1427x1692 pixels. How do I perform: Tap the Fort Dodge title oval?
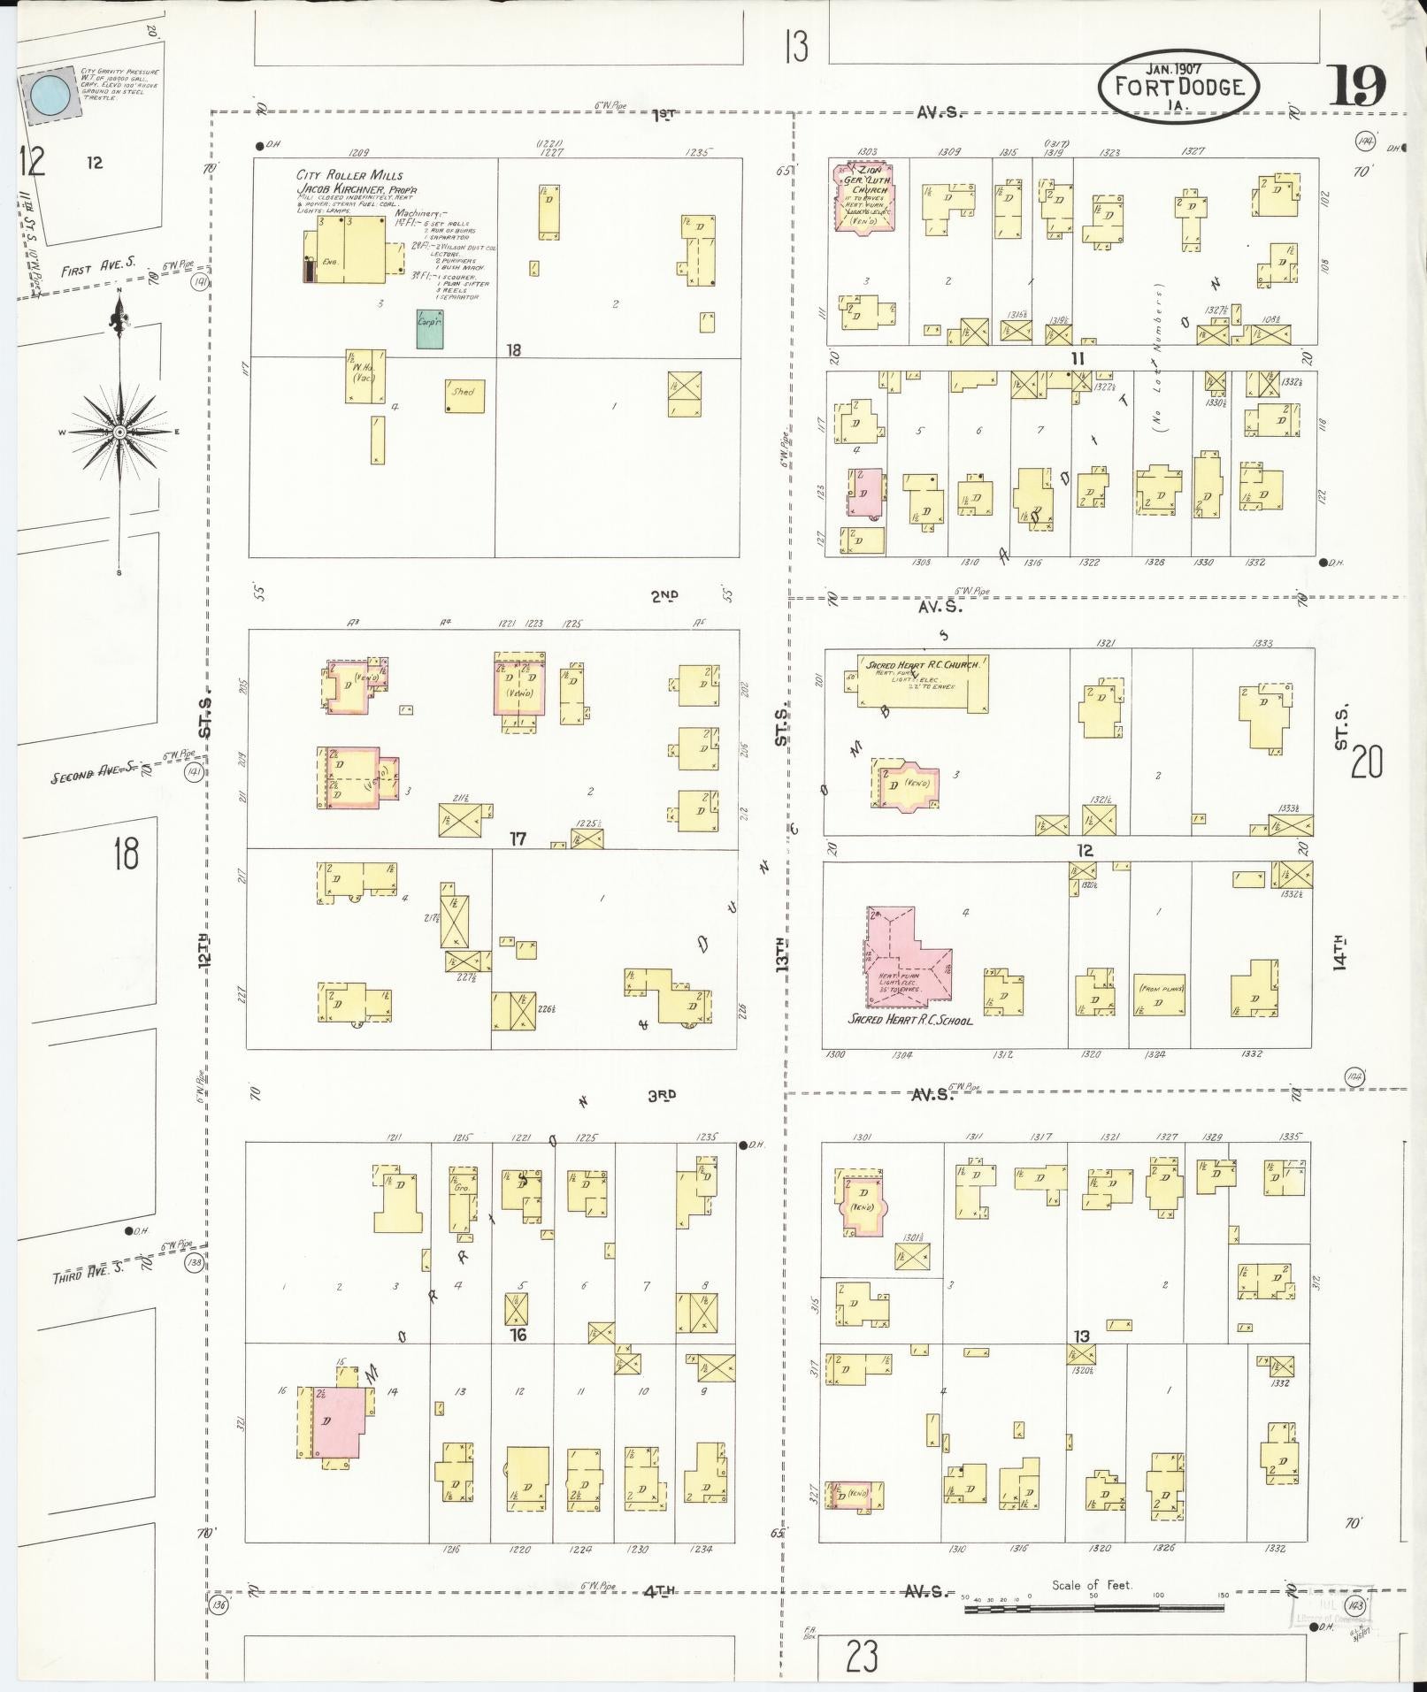(x=1179, y=86)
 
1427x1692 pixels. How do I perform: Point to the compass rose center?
(x=119, y=432)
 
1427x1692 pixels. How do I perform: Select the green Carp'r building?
(x=431, y=327)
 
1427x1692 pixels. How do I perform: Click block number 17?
(x=518, y=838)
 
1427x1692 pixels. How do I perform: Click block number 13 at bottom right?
(x=1081, y=1336)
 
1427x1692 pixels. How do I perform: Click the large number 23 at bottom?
(x=862, y=1657)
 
